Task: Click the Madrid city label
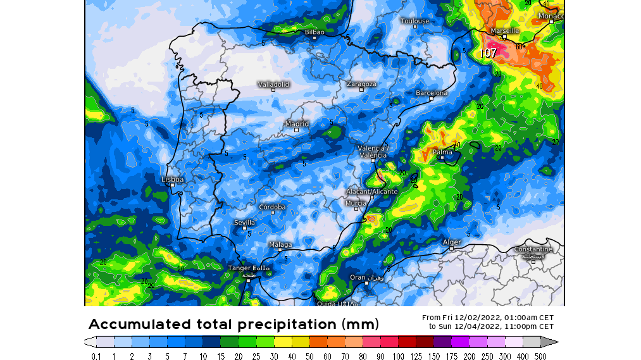(x=297, y=124)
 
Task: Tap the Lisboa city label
(x=173, y=179)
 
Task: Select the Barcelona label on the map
(x=432, y=93)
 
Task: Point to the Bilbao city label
(x=314, y=32)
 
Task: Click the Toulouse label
(x=415, y=21)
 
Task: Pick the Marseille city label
(x=505, y=30)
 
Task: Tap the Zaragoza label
(x=362, y=84)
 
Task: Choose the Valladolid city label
(x=273, y=84)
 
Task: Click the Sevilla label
(x=245, y=223)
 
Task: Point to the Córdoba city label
(x=273, y=207)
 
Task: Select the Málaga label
(x=280, y=245)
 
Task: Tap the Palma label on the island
(x=442, y=152)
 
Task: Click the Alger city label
(x=452, y=242)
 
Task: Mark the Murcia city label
(x=356, y=203)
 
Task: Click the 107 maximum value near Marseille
(x=489, y=54)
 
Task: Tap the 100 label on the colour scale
(x=399, y=356)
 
